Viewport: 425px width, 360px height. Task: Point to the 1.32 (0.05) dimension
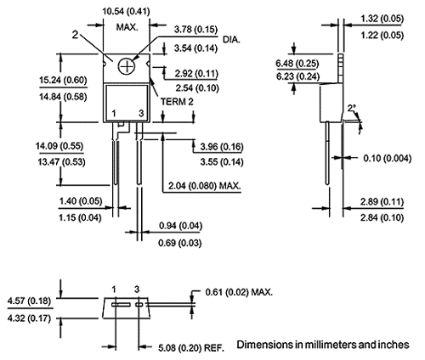(x=381, y=18)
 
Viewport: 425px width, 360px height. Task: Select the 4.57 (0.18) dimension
(x=28, y=300)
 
